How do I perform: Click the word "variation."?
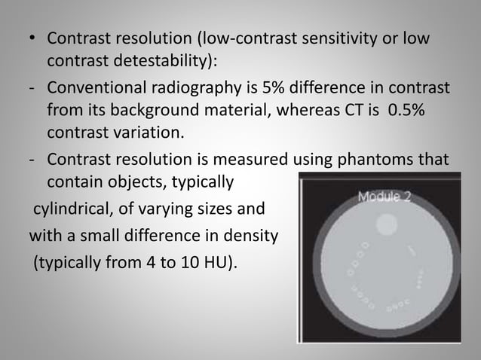pyautogui.click(x=149, y=132)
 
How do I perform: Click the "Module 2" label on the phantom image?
pyautogui.click(x=384, y=197)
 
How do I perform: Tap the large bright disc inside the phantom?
pyautogui.click(x=386, y=224)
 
